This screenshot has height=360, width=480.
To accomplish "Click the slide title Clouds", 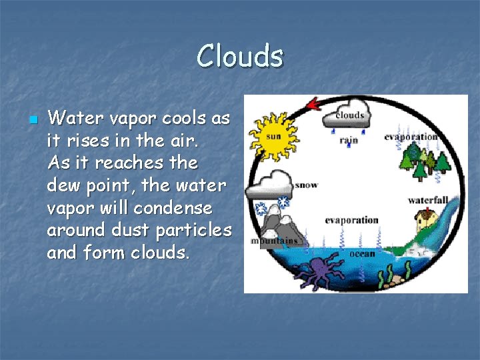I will [x=240, y=56].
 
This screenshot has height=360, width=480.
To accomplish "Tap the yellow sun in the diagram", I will [x=272, y=136].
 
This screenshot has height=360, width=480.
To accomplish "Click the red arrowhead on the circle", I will [x=311, y=104].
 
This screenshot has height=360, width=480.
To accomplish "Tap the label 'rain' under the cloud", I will [x=348, y=140].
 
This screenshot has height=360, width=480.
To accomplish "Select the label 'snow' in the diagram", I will [x=306, y=184].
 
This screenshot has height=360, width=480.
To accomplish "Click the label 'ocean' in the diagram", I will [x=362, y=253].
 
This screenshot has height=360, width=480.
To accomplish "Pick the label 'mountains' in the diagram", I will [x=273, y=242].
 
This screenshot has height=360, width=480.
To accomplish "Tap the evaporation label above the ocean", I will [x=351, y=220].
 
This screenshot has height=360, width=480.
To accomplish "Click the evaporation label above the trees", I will [x=410, y=137].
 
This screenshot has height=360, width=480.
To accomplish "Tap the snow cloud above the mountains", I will [x=270, y=183].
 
